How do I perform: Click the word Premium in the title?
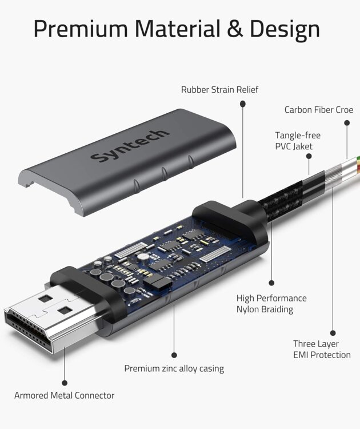81,29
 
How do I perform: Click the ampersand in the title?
235,29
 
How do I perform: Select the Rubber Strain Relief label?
219,89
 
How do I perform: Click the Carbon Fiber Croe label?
319,110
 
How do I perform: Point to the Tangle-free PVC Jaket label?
298,141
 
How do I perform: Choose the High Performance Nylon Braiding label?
271,304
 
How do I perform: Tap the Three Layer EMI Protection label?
322,349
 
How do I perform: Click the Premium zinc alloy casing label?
174,368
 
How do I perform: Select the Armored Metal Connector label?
64,395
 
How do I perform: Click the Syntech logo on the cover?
130,145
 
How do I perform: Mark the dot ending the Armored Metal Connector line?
65,383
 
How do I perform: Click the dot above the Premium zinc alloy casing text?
174,355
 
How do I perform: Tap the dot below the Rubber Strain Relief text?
243,104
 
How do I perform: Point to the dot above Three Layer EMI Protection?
333,333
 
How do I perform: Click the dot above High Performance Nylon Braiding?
271,283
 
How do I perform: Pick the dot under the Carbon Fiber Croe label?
347,123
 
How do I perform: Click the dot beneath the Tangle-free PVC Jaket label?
309,156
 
